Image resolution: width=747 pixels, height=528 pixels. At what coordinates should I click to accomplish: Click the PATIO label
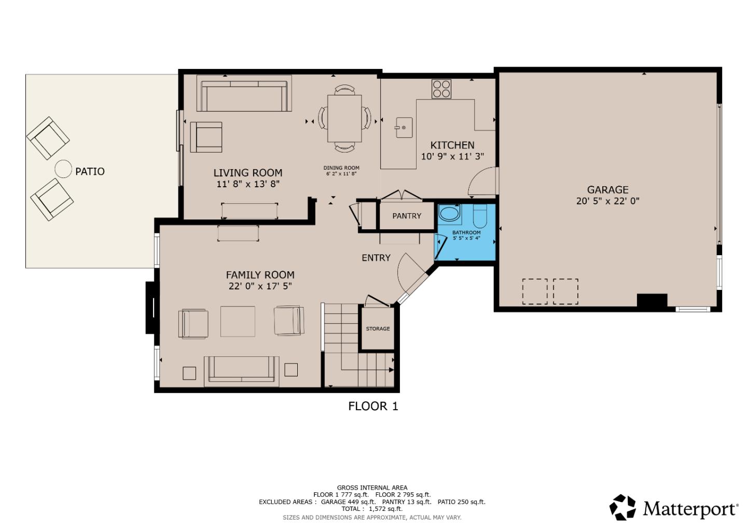pos(90,171)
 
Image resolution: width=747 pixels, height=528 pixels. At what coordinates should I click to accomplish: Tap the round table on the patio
pos(63,169)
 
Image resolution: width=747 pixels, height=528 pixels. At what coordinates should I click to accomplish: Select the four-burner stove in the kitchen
pos(441,89)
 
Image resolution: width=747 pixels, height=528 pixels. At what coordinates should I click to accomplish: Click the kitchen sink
pos(404,127)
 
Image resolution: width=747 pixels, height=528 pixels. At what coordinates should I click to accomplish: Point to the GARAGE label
pos(607,190)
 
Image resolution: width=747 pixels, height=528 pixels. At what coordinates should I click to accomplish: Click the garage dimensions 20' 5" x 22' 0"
pos(607,201)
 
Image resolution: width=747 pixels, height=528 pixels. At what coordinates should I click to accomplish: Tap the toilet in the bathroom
pos(480,217)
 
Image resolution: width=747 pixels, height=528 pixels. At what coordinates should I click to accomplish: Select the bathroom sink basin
pos(449,214)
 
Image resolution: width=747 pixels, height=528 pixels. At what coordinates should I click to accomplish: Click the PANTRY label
pos(407,216)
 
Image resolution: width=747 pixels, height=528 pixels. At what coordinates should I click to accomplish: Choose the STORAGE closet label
pos(378,329)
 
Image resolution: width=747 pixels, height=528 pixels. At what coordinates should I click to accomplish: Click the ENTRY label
pos(376,258)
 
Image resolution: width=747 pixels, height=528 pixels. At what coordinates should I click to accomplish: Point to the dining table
pos(344,118)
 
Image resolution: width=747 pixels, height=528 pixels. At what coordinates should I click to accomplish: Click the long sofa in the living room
pos(244,94)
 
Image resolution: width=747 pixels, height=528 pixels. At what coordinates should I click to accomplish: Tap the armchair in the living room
pos(206,137)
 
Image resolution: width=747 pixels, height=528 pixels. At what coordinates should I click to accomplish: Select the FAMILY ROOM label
pos(260,275)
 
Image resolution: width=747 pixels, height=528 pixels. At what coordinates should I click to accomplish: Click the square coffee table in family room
pos(238,322)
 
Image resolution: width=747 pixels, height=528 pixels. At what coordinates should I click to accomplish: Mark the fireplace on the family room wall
pos(151,308)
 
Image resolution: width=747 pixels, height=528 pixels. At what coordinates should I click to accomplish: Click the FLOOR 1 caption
pos(373,406)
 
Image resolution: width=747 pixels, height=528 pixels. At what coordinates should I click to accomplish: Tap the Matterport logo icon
pos(622,507)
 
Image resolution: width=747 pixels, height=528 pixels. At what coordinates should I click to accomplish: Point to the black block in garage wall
pos(652,301)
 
